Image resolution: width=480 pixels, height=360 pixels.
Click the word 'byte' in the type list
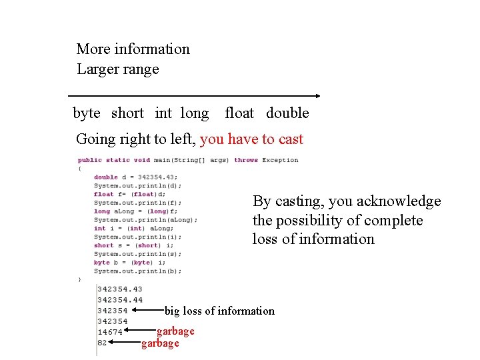[87, 113]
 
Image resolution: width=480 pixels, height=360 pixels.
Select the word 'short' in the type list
[127, 113]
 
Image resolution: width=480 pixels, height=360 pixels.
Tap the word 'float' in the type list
[239, 113]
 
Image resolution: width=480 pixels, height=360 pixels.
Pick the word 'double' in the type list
[287, 113]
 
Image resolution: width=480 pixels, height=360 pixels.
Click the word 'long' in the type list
[194, 113]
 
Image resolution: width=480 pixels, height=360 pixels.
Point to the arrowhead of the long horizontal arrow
[318, 96]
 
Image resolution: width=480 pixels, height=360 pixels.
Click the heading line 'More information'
[133, 49]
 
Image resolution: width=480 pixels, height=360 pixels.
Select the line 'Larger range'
[117, 69]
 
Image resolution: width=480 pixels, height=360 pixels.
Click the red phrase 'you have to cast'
[251, 139]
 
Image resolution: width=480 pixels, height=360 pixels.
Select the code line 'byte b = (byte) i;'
[131, 263]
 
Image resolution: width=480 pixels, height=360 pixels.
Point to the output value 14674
[109, 332]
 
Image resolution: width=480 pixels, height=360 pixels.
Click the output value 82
[102, 343]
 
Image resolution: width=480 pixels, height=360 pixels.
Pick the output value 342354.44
[119, 300]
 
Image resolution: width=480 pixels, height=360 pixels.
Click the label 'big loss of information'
[219, 311]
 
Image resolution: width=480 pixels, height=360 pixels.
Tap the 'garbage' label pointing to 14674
[175, 331]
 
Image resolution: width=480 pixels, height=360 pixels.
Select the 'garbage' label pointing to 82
[160, 343]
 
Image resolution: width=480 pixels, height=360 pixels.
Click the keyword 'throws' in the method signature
[246, 160]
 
